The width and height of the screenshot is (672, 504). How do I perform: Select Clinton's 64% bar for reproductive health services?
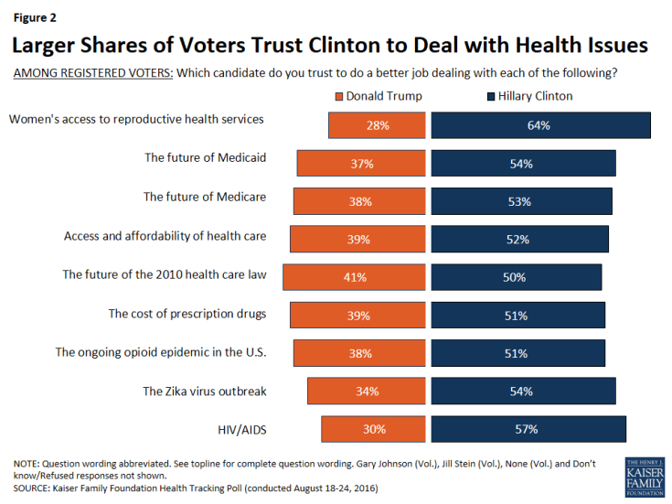point(540,125)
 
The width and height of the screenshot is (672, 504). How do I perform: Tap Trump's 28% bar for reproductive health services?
point(377,125)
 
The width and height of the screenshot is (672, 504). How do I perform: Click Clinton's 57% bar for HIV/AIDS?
point(528,429)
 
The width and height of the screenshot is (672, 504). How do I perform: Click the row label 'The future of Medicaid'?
point(205,157)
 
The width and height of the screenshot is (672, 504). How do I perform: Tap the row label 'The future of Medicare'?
point(205,196)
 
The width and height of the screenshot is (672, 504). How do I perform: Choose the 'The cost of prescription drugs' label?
point(187,314)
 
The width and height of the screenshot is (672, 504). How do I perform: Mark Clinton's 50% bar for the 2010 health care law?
point(517,277)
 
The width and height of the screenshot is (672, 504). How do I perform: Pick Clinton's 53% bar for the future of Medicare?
point(521,201)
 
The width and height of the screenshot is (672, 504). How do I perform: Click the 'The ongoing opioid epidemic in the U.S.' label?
point(161,351)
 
